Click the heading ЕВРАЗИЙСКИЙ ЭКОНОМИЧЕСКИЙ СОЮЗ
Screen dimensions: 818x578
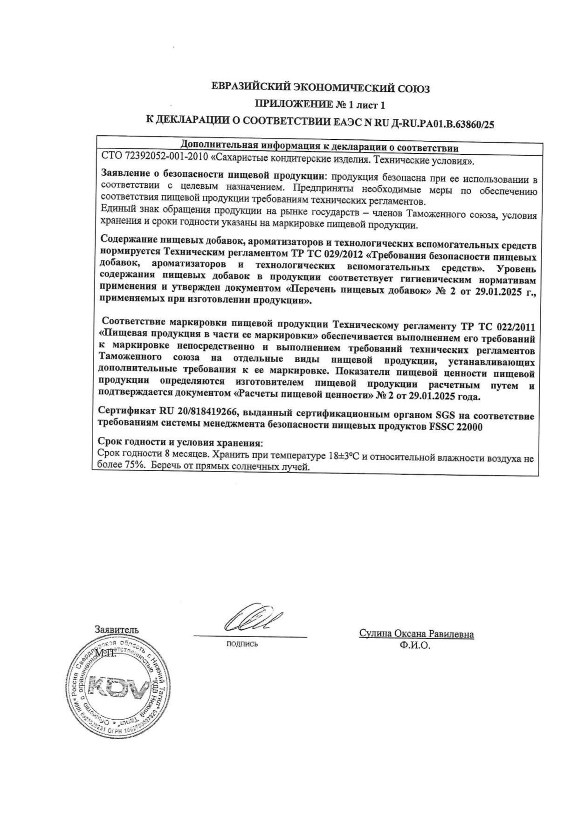320,87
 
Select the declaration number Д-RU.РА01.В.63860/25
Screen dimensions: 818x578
445,123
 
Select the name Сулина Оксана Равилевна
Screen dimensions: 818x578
416,634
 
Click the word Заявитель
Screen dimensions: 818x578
117,629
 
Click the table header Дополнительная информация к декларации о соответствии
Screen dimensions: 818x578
319,148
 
